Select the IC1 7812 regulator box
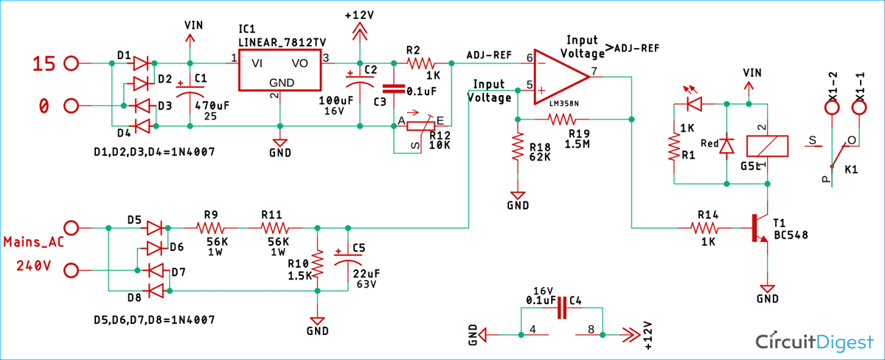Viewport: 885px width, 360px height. [x=280, y=70]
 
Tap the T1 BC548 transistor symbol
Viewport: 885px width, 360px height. [x=760, y=228]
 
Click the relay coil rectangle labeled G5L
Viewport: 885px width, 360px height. [x=767, y=146]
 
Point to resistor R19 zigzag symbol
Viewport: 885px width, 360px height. [x=561, y=119]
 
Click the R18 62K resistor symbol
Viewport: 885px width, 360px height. [x=518, y=147]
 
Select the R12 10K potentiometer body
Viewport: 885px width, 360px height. [x=421, y=126]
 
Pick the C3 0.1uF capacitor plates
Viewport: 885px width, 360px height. [x=394, y=89]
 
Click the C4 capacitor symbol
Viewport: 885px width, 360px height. [x=562, y=308]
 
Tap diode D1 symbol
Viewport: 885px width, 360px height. [x=141, y=63]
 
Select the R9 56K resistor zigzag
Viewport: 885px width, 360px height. [x=210, y=228]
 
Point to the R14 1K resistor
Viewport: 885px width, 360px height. [x=704, y=228]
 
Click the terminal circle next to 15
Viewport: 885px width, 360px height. [x=71, y=63]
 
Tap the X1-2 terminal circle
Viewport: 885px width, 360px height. [x=832, y=108]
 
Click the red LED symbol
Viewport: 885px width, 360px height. [x=694, y=104]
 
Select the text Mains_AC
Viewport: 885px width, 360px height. [x=34, y=242]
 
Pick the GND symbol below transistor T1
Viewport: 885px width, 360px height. [x=767, y=289]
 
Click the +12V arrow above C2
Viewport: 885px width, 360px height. [x=360, y=32]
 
